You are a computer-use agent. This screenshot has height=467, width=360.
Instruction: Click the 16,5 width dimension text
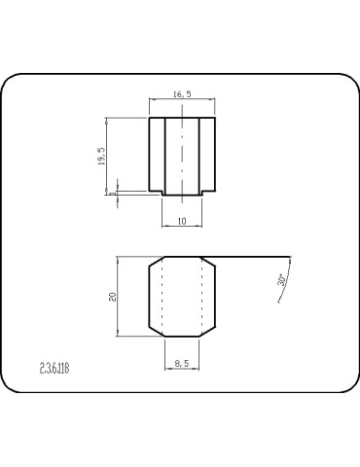[181, 95]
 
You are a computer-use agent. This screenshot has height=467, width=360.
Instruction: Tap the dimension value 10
[181, 221]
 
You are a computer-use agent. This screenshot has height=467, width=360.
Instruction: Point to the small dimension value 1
[112, 192]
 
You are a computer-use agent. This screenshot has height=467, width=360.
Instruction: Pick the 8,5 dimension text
[181, 363]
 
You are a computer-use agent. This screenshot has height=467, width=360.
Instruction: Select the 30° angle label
[282, 280]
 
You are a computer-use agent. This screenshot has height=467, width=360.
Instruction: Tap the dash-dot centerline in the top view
[182, 156]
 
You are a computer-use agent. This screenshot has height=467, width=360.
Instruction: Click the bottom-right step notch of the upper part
[208, 193]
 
